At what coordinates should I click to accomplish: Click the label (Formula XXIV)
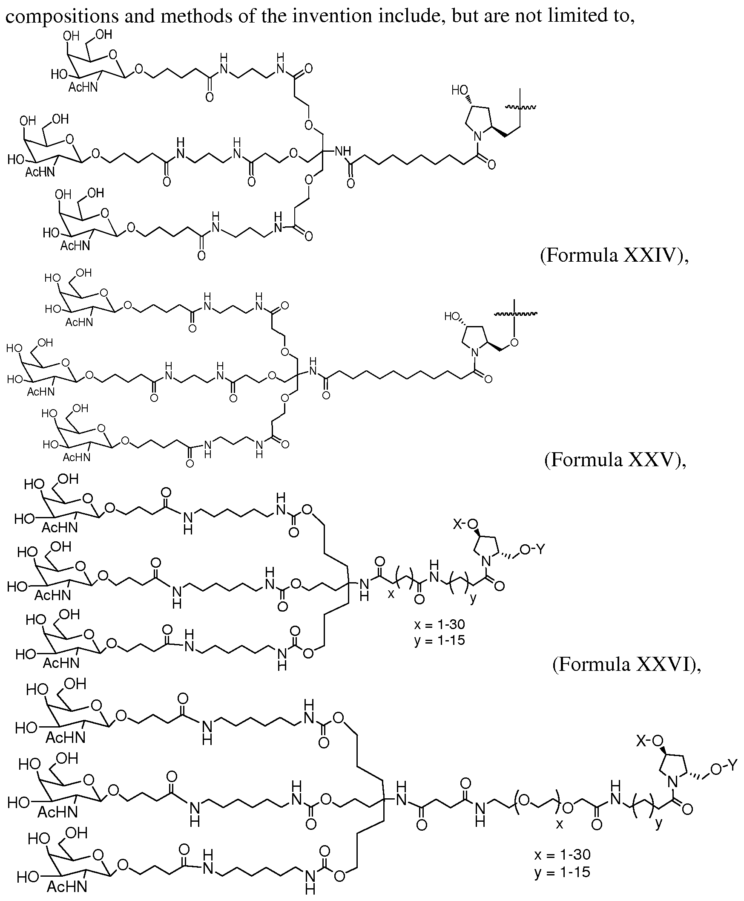tap(614, 256)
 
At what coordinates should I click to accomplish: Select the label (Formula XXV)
tap(615, 460)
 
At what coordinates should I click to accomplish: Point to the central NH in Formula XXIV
tap(343, 151)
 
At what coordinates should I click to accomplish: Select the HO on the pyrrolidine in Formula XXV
tap(452, 317)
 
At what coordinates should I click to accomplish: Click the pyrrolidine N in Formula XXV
tap(474, 352)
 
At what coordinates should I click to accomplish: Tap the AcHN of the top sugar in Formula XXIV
tap(83, 88)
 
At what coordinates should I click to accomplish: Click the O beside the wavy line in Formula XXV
tap(514, 342)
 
